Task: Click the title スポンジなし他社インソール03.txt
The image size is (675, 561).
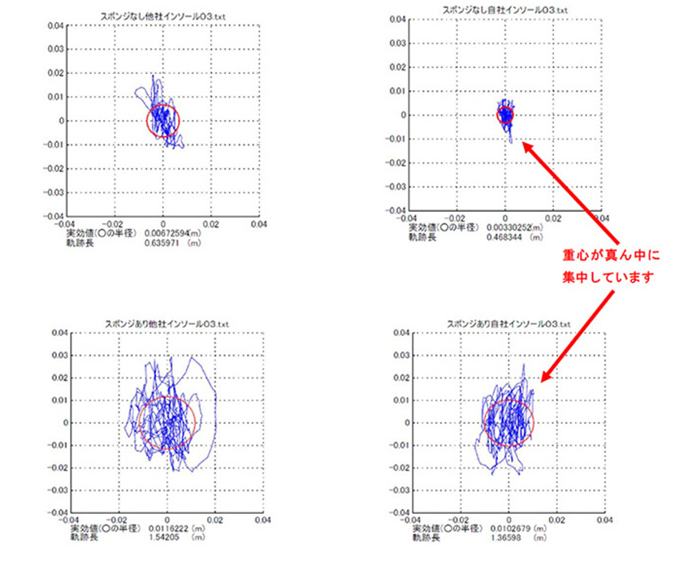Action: pyautogui.click(x=162, y=16)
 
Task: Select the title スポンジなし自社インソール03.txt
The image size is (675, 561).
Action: pyautogui.click(x=504, y=9)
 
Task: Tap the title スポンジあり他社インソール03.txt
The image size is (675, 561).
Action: pyautogui.click(x=166, y=323)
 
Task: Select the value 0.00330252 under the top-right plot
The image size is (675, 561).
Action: pyautogui.click(x=513, y=229)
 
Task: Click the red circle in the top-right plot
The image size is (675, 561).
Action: pyautogui.click(x=505, y=114)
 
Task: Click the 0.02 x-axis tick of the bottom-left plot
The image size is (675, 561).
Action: pyautogui.click(x=214, y=520)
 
